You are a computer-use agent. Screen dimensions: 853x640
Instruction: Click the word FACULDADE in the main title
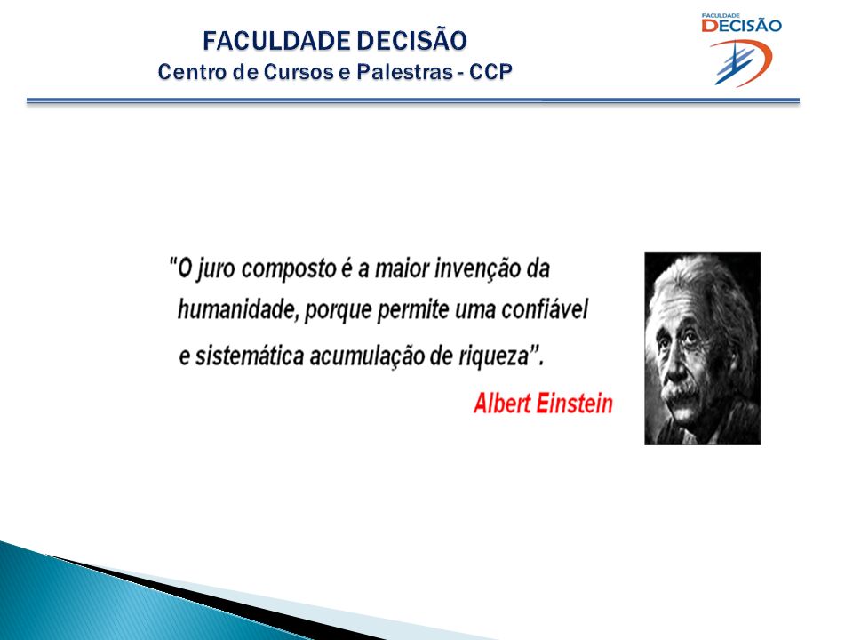[x=276, y=41]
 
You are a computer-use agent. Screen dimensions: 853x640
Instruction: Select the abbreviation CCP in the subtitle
[x=490, y=72]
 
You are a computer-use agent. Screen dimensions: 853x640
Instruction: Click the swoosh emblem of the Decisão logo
[x=741, y=63]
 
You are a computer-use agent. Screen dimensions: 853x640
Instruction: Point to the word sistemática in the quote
[x=249, y=356]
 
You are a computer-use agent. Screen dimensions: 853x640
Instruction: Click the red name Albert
[x=502, y=404]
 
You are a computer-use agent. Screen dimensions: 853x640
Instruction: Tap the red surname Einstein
[x=575, y=404]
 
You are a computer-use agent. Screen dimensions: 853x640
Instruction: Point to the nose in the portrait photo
[x=676, y=368]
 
